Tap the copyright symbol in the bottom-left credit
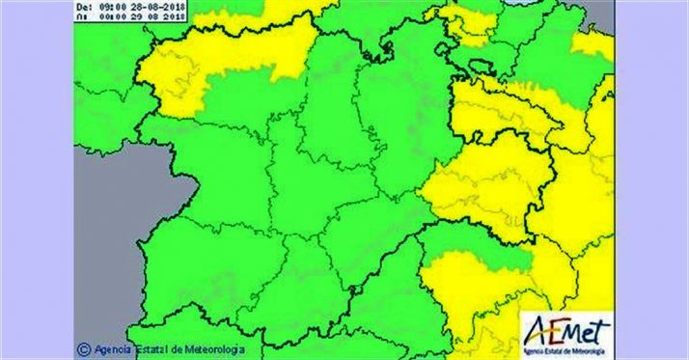click(x=84, y=348)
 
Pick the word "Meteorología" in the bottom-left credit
click(x=220, y=348)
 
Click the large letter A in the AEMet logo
click(x=535, y=331)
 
